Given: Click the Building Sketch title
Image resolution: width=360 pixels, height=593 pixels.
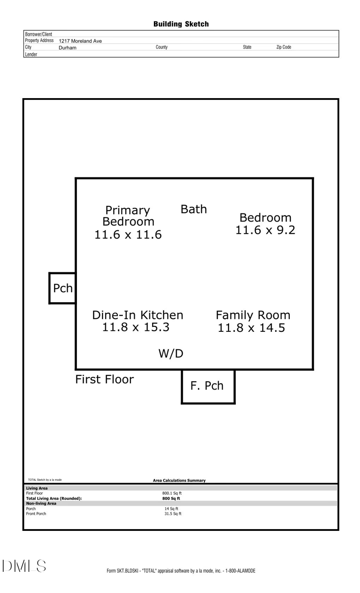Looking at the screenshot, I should [x=181, y=24].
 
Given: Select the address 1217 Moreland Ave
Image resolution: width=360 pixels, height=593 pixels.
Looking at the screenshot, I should [x=80, y=41].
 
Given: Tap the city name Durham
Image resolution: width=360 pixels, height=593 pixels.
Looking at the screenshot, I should [x=67, y=47].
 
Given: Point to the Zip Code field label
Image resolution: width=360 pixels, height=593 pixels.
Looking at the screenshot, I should [x=283, y=47].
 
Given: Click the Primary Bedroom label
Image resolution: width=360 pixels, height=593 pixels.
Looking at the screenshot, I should [x=128, y=216].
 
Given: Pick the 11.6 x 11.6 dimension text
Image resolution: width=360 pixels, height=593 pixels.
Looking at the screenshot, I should [x=128, y=235].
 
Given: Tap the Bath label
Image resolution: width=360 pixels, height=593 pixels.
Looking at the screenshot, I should [x=193, y=209].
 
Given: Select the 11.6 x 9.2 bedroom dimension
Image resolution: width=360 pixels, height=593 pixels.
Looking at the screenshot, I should [x=265, y=230].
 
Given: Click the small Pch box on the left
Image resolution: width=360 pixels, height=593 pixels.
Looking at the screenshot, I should [x=63, y=288].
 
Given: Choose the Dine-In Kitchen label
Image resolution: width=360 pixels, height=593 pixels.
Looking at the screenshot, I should [x=138, y=315].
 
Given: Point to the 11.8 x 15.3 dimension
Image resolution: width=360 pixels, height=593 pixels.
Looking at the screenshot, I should [x=136, y=327].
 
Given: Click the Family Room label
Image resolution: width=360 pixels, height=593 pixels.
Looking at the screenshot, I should [x=253, y=315].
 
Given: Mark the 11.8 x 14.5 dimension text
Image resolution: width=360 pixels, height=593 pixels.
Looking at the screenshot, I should [x=252, y=328].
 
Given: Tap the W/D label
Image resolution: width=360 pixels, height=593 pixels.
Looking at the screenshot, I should [x=171, y=354].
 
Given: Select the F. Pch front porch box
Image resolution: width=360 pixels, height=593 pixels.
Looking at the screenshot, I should [x=208, y=386].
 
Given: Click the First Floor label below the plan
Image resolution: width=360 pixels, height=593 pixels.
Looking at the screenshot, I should [x=104, y=380].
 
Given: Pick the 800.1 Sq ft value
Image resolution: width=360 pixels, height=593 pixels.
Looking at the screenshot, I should [x=172, y=493].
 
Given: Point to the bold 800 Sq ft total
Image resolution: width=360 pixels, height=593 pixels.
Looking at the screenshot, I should [x=171, y=498].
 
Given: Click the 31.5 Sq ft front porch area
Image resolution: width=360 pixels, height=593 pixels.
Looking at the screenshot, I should [x=173, y=513].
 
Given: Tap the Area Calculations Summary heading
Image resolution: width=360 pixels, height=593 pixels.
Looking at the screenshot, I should [x=179, y=480].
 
